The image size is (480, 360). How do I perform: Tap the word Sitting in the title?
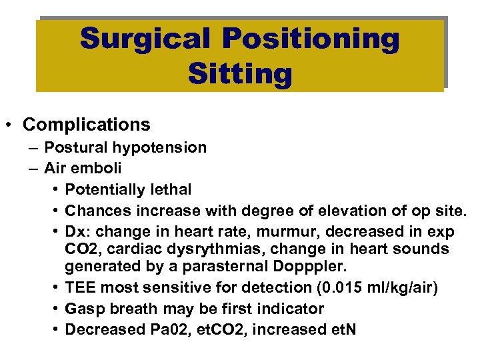(x=240, y=73)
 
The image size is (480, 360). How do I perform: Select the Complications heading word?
(x=86, y=125)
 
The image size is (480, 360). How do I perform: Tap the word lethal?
(x=172, y=190)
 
